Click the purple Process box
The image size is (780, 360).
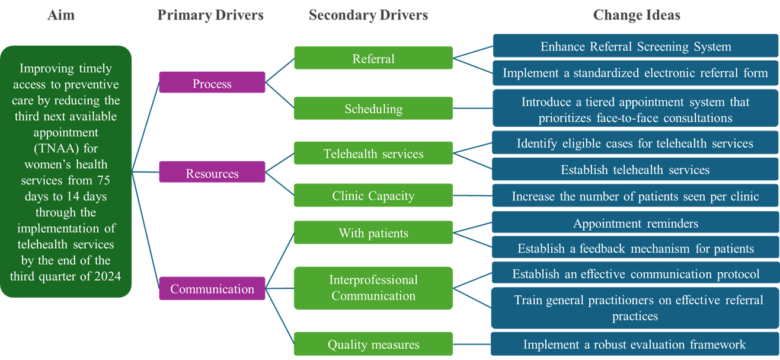(x=212, y=84)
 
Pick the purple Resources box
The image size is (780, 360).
(x=212, y=173)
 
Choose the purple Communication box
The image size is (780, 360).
(x=212, y=289)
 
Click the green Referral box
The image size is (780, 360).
(x=373, y=58)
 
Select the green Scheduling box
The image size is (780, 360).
(x=373, y=109)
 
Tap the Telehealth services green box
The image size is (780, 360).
(x=373, y=154)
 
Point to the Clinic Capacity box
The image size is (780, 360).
(x=373, y=196)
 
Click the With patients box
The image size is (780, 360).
(x=373, y=232)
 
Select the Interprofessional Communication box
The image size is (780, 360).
(x=373, y=287)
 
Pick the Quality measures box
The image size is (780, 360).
(x=373, y=344)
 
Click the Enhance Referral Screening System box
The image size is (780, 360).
(x=635, y=46)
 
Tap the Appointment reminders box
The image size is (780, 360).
(x=635, y=223)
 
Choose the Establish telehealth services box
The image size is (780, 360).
(x=635, y=170)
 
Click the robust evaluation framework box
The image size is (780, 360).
(x=635, y=344)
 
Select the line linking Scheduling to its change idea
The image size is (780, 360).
(x=472, y=109)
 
